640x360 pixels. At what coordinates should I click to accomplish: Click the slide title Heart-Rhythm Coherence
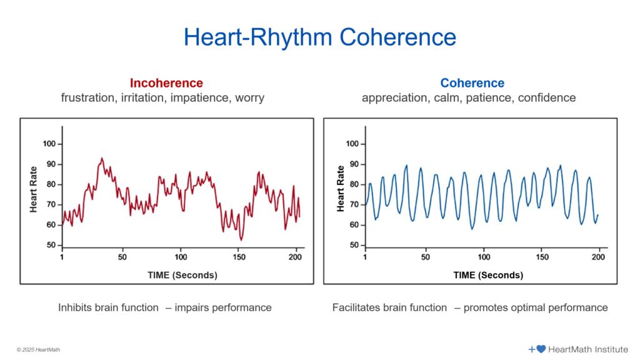[x=319, y=37]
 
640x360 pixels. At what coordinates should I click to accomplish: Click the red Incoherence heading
[x=166, y=83]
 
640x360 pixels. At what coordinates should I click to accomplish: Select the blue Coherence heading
[x=472, y=83]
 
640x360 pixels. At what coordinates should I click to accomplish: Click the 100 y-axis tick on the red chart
[x=49, y=144]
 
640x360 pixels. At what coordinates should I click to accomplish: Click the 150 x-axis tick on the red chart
[x=240, y=257]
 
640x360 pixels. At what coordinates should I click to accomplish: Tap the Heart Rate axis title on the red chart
[x=34, y=189]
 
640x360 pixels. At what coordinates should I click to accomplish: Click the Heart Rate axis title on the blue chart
[x=341, y=189]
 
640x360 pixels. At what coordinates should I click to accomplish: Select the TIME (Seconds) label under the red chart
[x=182, y=275]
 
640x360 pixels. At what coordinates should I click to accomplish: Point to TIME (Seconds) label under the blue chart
[x=488, y=275]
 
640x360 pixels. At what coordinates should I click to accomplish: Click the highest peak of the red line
[x=102, y=158]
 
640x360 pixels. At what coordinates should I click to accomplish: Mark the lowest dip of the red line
[x=241, y=240]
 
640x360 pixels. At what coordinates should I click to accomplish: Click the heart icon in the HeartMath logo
[x=541, y=349]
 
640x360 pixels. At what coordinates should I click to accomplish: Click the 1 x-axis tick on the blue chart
[x=366, y=257]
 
